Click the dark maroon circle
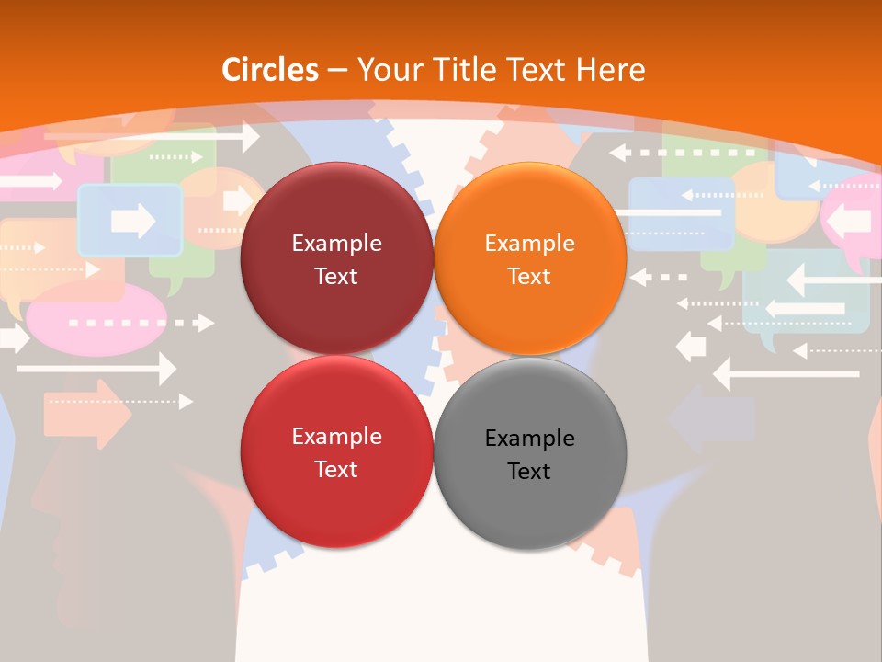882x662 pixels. click(x=336, y=258)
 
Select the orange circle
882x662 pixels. click(x=530, y=258)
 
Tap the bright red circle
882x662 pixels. click(x=336, y=451)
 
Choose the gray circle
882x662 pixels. click(x=530, y=453)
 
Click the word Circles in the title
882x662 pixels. click(x=269, y=70)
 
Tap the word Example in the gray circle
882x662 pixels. click(x=529, y=439)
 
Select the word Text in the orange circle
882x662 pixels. click(x=529, y=277)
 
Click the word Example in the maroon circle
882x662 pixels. click(x=336, y=244)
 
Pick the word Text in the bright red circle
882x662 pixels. click(x=336, y=470)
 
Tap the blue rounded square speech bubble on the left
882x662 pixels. click(x=130, y=220)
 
